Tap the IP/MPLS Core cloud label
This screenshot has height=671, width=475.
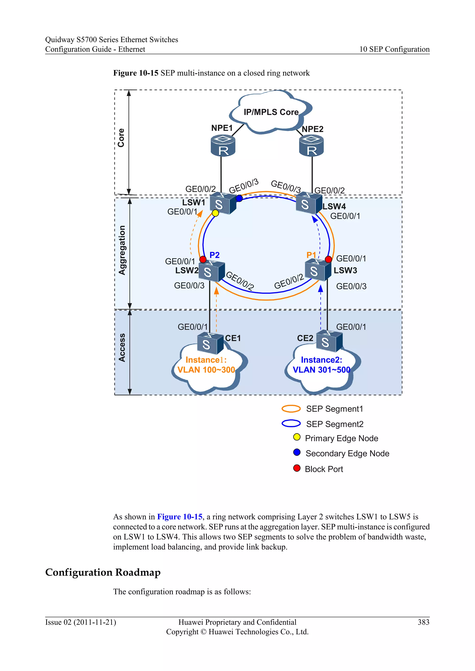(x=271, y=112)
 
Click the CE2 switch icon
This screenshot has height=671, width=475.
(x=329, y=341)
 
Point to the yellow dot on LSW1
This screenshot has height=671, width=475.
(x=215, y=213)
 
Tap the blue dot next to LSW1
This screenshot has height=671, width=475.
(x=239, y=198)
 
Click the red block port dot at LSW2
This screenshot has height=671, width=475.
(x=203, y=259)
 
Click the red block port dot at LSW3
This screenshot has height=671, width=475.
(x=328, y=259)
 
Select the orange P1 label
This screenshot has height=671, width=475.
(x=311, y=255)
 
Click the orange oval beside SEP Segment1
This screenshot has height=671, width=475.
(x=291, y=408)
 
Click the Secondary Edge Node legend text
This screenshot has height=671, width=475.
(x=347, y=454)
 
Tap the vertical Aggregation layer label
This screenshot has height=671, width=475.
(x=122, y=250)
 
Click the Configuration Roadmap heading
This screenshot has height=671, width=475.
(x=103, y=572)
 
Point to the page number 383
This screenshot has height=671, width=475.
(x=423, y=622)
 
